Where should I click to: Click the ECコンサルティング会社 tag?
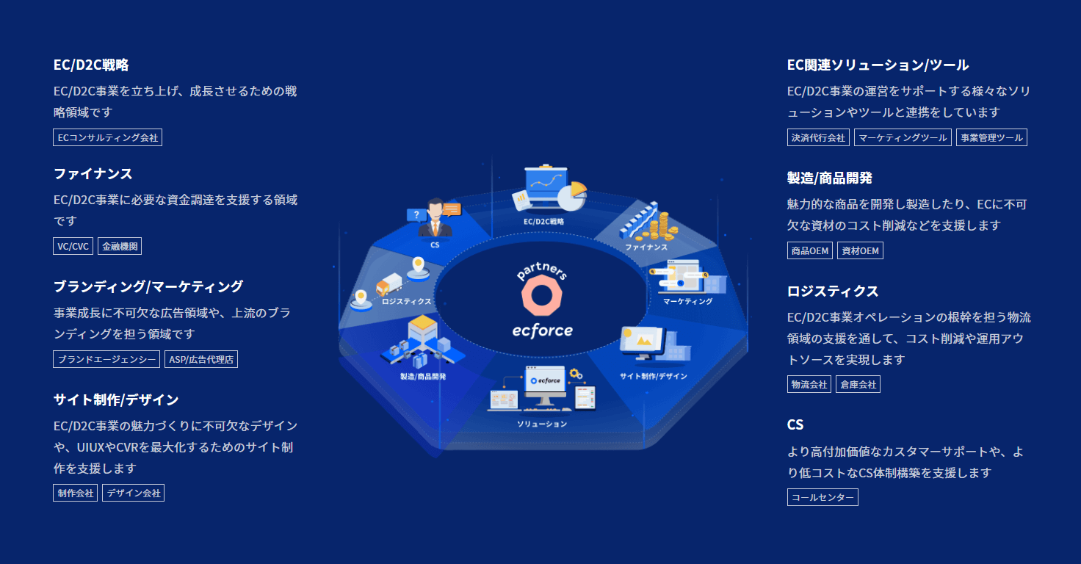pos(108,137)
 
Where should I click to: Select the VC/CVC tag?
pos(73,246)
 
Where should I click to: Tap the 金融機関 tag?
pos(120,246)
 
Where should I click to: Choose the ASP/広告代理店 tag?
pos(201,359)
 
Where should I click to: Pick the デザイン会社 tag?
pos(133,493)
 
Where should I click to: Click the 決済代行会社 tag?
pos(818,137)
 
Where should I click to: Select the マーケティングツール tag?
pos(903,137)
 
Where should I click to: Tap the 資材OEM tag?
pos(860,251)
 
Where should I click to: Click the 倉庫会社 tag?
pos(858,385)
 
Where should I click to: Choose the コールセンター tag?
pos(822,497)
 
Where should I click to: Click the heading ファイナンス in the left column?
pos(93,174)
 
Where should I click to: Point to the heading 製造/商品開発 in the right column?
pos(830,178)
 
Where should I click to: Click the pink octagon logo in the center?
pos(541,295)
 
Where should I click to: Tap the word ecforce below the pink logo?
pos(543,330)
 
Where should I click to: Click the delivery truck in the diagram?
pos(389,284)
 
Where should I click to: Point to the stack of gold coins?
pos(658,227)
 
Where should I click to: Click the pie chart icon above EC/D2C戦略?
pos(572,196)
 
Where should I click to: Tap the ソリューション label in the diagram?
pos(542,424)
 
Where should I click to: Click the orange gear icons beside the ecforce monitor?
pos(576,375)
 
